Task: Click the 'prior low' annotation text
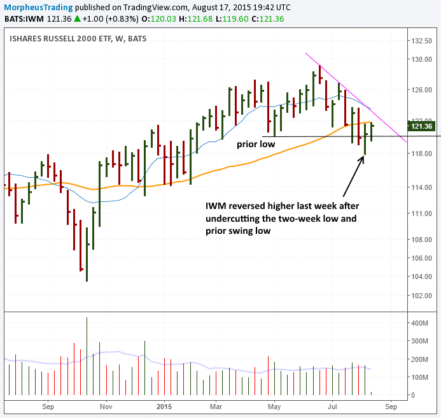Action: [x=256, y=145]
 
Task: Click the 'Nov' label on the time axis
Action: [x=106, y=405]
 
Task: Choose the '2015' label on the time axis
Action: [x=164, y=405]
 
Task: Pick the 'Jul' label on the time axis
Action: [x=333, y=405]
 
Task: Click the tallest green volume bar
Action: [x=87, y=357]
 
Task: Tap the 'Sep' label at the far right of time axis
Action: [x=391, y=405]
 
